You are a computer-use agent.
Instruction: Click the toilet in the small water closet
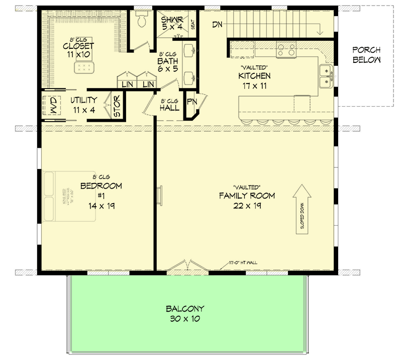(141, 20)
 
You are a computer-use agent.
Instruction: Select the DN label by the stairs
(218, 24)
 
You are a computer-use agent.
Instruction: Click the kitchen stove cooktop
(286, 50)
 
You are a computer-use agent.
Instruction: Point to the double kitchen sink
(326, 75)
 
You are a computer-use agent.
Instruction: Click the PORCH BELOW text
(366, 55)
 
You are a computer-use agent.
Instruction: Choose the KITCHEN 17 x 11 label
(254, 81)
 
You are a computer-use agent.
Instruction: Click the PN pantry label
(191, 102)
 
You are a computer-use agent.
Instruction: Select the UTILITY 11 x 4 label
(83, 104)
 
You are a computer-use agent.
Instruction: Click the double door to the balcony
(186, 266)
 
